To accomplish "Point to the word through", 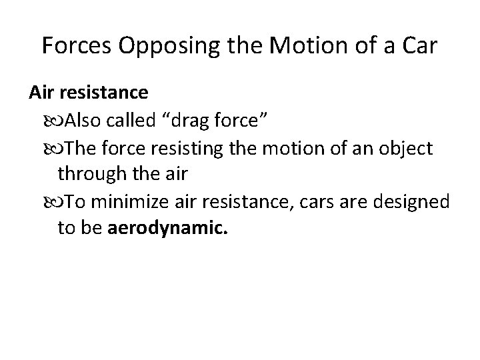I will (85, 174).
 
